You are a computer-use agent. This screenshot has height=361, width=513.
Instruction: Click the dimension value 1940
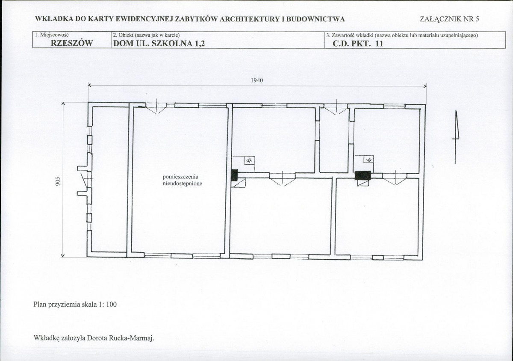(x=257, y=80)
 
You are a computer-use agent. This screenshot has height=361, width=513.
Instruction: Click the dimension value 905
(x=58, y=181)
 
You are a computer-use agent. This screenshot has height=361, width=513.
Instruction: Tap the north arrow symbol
(x=456, y=137)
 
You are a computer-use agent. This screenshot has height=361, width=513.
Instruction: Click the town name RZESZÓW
(x=72, y=43)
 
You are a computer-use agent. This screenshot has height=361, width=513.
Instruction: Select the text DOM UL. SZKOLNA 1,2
(x=159, y=43)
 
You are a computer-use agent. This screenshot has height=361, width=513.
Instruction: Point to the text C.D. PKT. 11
(x=358, y=43)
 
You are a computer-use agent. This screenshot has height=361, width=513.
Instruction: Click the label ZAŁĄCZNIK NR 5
(x=449, y=19)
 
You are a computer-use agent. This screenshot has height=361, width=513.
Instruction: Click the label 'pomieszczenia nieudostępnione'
(x=182, y=180)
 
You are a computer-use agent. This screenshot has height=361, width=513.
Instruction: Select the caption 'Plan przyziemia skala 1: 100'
(x=75, y=305)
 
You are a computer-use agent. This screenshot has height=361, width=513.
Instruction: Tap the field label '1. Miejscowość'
(x=52, y=35)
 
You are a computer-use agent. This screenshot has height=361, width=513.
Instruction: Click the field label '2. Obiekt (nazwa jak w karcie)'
(x=146, y=35)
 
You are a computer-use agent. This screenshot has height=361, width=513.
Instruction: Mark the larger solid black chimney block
(x=363, y=175)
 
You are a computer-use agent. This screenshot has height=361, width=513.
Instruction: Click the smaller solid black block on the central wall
(x=234, y=175)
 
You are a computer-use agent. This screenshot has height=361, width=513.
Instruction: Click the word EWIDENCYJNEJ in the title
(x=145, y=19)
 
